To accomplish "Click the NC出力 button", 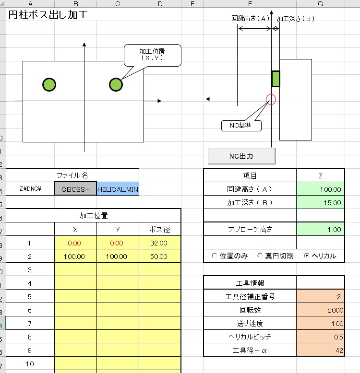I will [241, 156].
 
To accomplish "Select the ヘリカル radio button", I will [307, 256].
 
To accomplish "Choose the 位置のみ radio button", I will [214, 256].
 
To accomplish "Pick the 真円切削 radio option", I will [260, 256].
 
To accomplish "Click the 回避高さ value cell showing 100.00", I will [320, 189].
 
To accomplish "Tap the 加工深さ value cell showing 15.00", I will [320, 203].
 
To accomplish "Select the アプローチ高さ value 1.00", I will [320, 230].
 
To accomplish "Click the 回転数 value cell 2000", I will [320, 310].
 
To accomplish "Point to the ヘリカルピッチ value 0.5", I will [320, 337].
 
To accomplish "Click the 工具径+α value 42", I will [320, 350].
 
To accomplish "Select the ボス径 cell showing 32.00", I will [160, 243].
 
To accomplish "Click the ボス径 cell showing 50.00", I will [160, 256].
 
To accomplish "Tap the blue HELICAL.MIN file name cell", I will [118, 189].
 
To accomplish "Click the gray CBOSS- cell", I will [75, 189].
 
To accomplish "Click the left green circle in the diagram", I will [49, 84].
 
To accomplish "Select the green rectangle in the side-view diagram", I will [276, 79].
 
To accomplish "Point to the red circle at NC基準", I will [271, 99].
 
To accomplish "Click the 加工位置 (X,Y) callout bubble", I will [153, 55].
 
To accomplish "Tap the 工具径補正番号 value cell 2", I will [320, 297].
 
